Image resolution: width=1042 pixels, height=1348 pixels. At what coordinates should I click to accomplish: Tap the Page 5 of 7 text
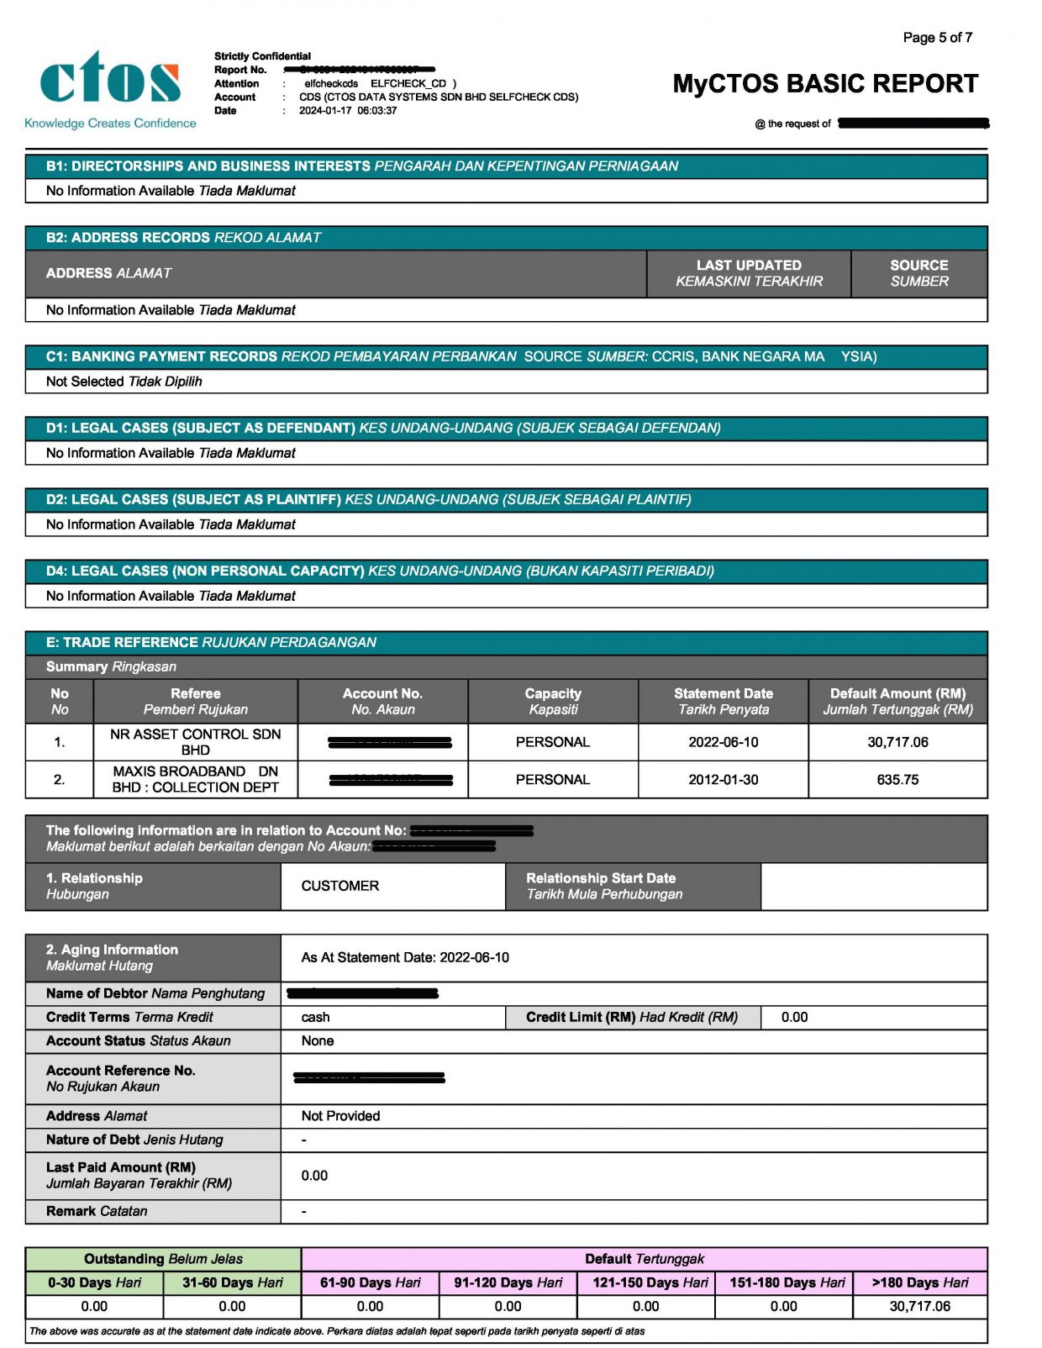[x=937, y=38]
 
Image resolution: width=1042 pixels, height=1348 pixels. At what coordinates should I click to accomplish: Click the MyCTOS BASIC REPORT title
[x=825, y=84]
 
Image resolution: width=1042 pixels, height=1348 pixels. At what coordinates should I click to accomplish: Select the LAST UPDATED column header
[x=749, y=273]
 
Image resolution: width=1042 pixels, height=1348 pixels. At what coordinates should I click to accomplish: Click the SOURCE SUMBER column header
[x=918, y=273]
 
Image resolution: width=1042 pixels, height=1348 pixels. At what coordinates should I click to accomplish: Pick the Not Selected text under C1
[x=124, y=382]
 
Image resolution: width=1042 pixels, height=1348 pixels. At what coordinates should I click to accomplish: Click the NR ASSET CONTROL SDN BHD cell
[x=195, y=742]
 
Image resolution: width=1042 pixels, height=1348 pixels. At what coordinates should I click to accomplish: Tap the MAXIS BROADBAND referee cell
[x=195, y=779]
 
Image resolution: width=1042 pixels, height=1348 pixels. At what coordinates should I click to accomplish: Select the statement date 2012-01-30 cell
[x=723, y=780]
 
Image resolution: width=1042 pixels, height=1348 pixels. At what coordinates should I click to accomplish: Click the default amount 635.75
[x=897, y=780]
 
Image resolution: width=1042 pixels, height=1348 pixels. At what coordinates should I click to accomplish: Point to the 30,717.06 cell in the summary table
[x=897, y=742]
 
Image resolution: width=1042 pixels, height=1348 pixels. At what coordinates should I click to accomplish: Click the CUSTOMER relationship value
[x=339, y=886]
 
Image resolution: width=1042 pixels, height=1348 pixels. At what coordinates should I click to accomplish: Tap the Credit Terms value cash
[x=315, y=1017]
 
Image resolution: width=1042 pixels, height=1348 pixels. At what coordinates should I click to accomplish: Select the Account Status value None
[x=317, y=1040]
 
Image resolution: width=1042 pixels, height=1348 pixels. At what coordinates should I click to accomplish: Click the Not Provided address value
[x=340, y=1116]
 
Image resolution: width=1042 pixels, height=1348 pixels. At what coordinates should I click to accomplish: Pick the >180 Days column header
[x=919, y=1282]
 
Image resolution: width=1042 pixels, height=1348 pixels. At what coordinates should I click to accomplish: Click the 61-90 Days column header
[x=370, y=1282]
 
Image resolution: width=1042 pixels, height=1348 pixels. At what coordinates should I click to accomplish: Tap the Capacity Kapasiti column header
[x=552, y=701]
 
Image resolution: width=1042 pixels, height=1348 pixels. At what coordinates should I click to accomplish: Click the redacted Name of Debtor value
[x=362, y=993]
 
